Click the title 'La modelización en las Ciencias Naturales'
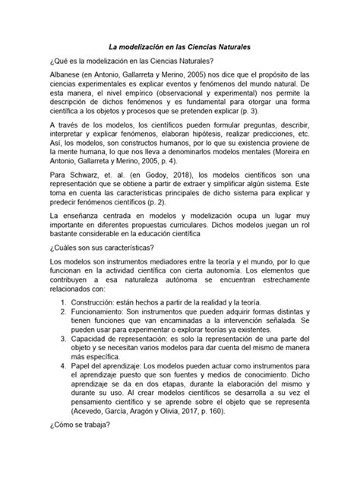(x=180, y=48)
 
